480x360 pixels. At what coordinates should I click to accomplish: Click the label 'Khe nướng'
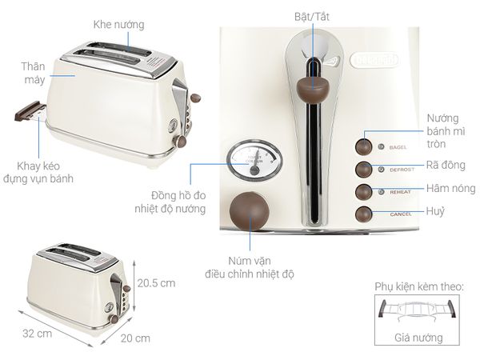tap(118, 25)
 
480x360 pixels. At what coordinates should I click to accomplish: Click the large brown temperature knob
tap(248, 210)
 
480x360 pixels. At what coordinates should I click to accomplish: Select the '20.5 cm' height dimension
tap(155, 282)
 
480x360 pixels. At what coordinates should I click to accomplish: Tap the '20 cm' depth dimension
tap(135, 338)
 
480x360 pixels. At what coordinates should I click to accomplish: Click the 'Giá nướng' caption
tap(418, 338)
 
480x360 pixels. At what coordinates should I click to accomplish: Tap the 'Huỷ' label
tap(436, 211)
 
